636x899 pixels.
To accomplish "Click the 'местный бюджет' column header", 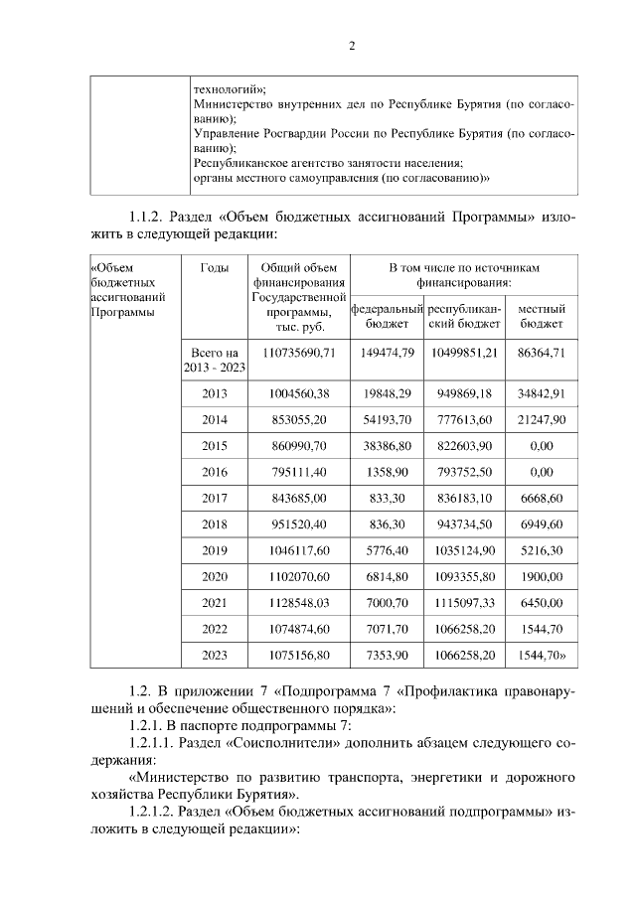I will click(x=542, y=316).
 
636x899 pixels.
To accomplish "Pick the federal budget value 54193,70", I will click(x=387, y=419).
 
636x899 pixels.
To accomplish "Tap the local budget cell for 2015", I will click(x=542, y=447).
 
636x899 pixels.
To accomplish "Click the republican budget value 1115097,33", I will click(x=463, y=603).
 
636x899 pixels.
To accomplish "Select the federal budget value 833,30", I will click(x=387, y=498).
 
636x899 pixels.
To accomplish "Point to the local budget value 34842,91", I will click(x=542, y=393).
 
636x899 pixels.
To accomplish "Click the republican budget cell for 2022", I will click(x=463, y=629).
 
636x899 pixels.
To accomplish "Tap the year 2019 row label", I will click(x=214, y=549).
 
